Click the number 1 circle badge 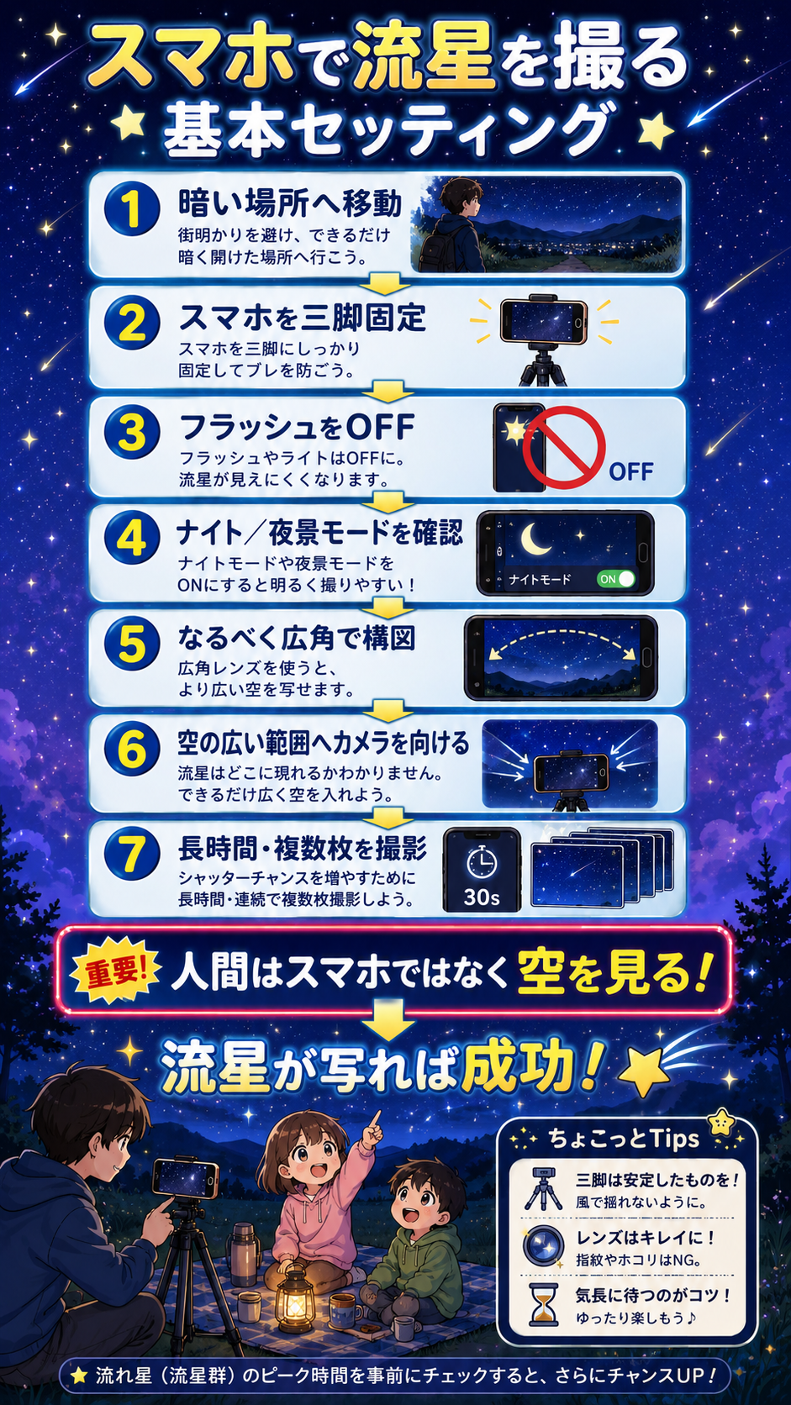(x=132, y=210)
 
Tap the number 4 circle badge (x=132, y=539)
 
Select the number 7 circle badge (x=132, y=853)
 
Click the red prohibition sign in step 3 (x=563, y=447)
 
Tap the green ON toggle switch (x=616, y=579)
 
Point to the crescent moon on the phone (x=535, y=539)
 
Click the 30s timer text (x=482, y=897)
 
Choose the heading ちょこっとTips (x=624, y=1139)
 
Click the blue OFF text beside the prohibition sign (x=630, y=471)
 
